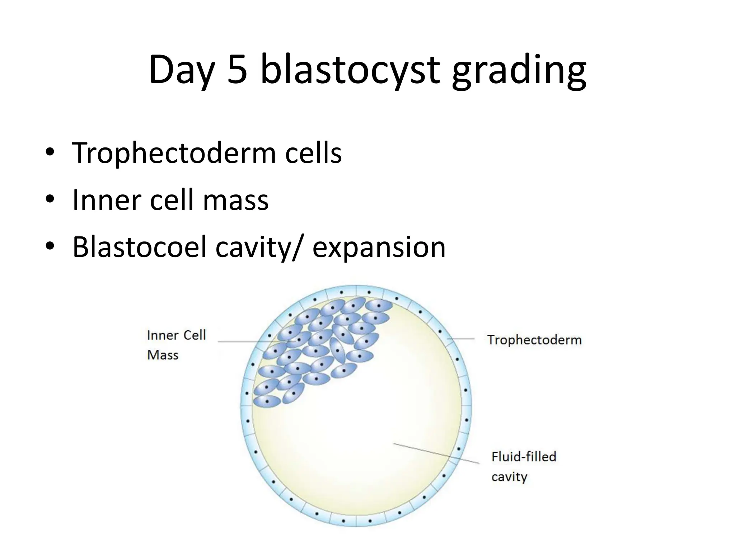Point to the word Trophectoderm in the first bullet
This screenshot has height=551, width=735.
[x=174, y=153]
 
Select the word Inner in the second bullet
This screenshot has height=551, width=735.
[x=106, y=200]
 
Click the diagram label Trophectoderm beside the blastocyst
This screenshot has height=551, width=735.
[x=534, y=340]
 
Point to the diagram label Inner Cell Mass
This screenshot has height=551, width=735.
[x=176, y=345]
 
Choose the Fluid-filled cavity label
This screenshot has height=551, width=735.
[x=523, y=466]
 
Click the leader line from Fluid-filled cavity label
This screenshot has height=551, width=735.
[x=436, y=453]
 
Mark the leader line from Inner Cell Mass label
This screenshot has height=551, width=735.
[x=251, y=342]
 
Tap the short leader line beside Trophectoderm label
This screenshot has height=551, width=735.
[x=461, y=339]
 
